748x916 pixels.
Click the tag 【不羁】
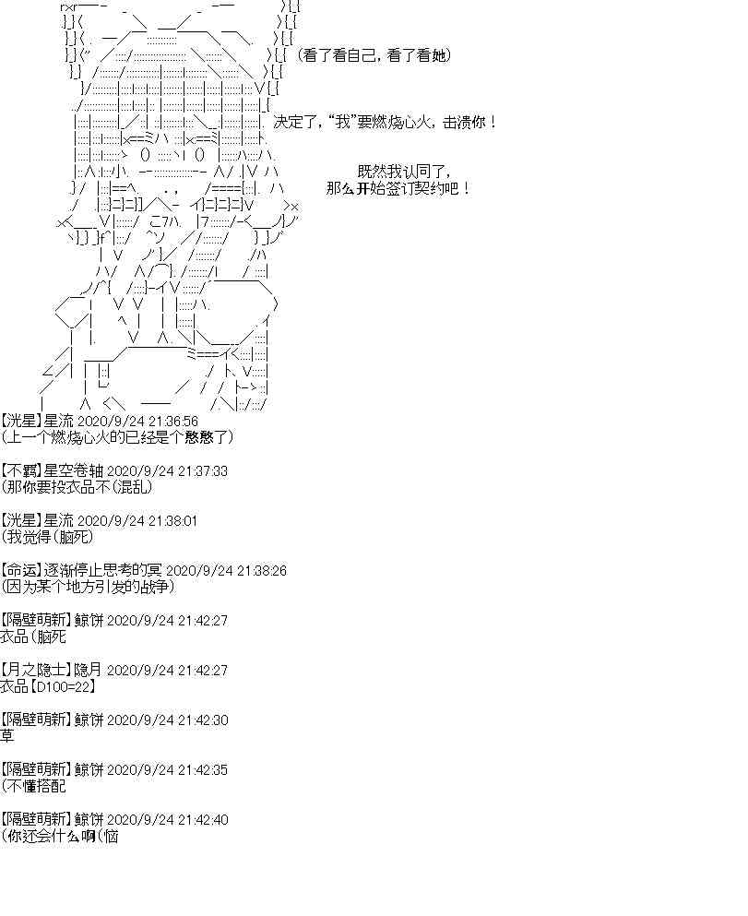click(x=22, y=470)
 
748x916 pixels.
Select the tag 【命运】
click(x=22, y=570)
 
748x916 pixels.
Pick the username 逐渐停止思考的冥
click(x=105, y=570)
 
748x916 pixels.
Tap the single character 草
click(x=7, y=736)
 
